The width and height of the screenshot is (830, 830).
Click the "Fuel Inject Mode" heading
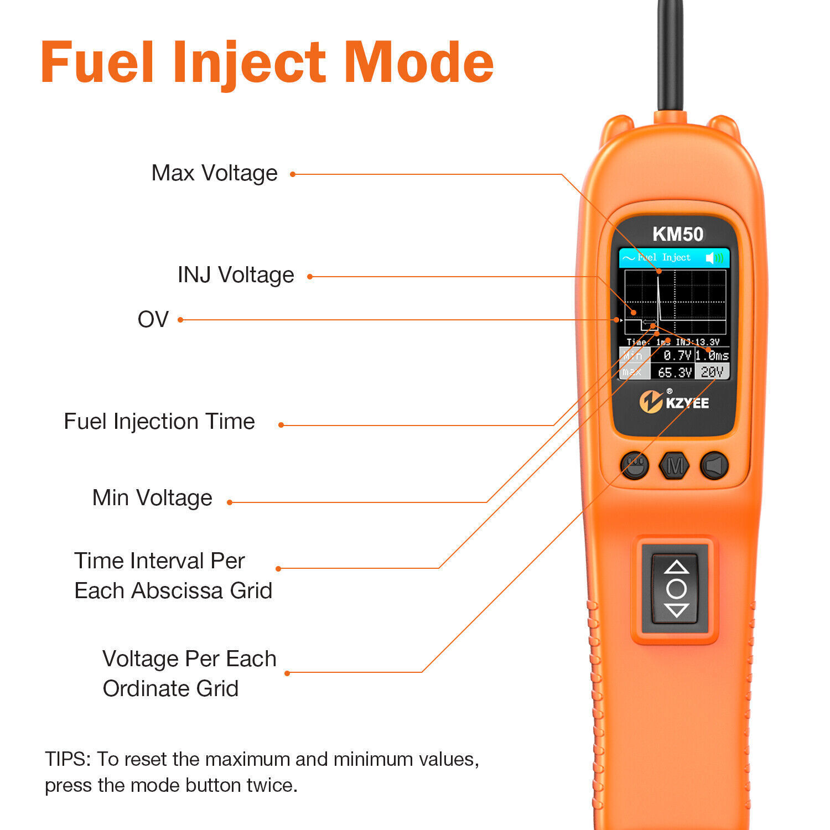click(267, 63)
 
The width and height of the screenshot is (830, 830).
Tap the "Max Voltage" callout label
click(214, 173)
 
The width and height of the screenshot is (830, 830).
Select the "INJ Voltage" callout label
click(236, 275)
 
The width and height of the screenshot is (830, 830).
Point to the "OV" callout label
click(153, 319)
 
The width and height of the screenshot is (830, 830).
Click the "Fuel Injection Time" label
click(159, 422)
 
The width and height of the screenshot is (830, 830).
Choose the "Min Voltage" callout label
click(152, 498)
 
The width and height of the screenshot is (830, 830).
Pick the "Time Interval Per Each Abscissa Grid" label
click(173, 575)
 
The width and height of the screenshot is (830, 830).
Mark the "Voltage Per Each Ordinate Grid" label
click(189, 673)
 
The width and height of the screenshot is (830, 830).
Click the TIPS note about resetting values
click(262, 772)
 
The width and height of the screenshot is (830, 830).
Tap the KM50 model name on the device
click(677, 234)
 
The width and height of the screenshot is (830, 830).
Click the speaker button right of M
click(714, 465)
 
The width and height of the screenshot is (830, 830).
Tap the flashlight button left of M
click(635, 465)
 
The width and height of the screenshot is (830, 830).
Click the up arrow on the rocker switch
click(676, 567)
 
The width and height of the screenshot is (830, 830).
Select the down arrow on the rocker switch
click(676, 610)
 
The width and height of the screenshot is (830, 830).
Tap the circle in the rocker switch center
click(676, 588)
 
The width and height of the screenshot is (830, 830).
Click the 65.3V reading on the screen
click(675, 372)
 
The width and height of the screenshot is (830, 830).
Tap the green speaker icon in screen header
click(714, 258)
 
